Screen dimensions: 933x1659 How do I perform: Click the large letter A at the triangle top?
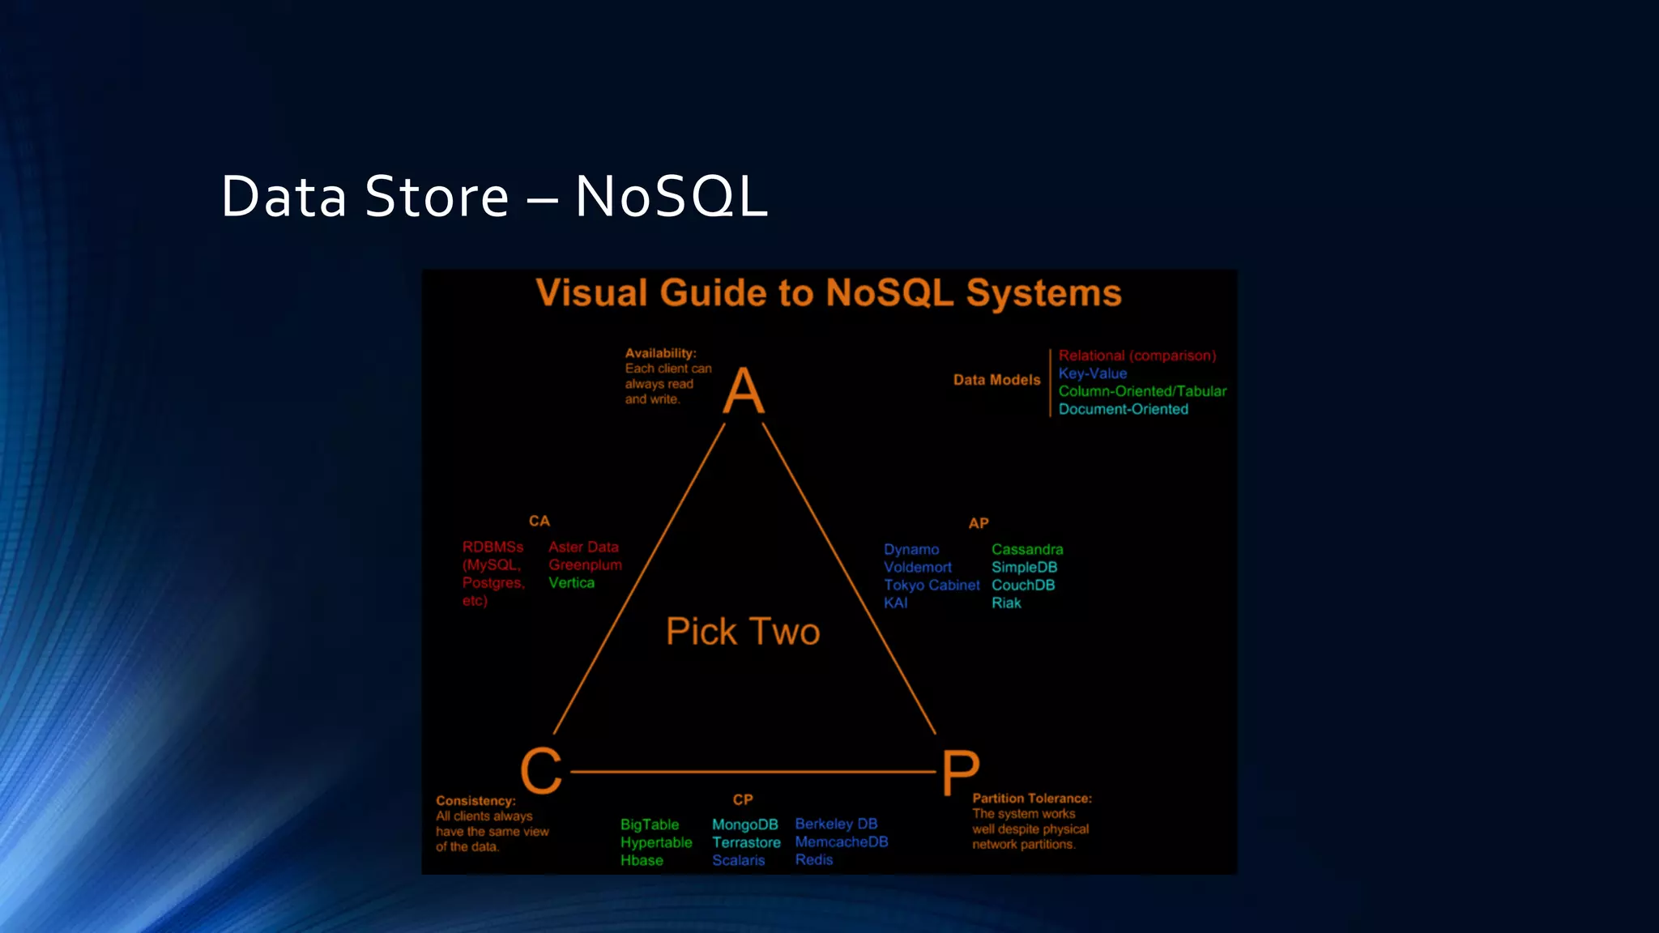(744, 391)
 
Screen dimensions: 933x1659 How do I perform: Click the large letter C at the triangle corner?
(540, 770)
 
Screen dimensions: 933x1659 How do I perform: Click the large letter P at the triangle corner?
(961, 772)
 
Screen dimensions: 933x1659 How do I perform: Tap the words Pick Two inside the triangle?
(743, 632)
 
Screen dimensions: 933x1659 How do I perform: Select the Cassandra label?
(1026, 549)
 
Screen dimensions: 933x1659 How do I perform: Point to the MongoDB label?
(744, 824)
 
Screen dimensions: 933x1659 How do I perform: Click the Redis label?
(813, 860)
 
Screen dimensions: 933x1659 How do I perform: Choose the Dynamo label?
(911, 549)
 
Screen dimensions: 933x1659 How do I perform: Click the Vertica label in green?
(571, 583)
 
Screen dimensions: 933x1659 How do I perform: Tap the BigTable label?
(649, 824)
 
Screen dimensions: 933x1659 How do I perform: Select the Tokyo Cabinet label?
(931, 585)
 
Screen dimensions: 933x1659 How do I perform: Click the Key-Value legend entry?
(1092, 373)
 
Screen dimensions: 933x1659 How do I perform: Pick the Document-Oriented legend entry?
(1123, 409)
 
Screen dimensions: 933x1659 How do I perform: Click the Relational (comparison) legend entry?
(1137, 356)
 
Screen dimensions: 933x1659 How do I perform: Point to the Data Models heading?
(996, 380)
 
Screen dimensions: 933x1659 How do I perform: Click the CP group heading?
(743, 799)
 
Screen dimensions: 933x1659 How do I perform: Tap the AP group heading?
(978, 523)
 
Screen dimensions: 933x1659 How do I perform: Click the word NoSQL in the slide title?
(671, 197)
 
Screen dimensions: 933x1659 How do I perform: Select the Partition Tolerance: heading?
(1031, 799)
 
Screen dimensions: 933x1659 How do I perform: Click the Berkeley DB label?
(836, 824)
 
